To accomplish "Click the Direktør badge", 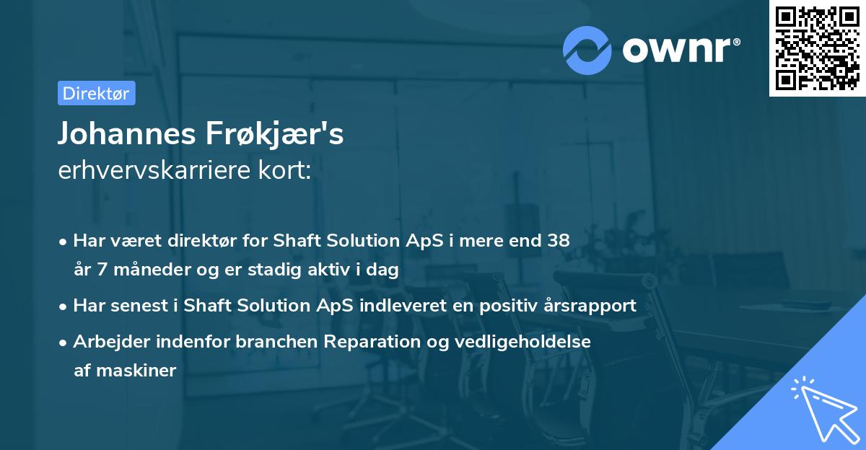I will pyautogui.click(x=96, y=93).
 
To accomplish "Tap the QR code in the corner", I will pyautogui.click(x=817, y=48).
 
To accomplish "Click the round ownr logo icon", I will pyautogui.click(x=588, y=50).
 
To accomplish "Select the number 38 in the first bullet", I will pyautogui.click(x=559, y=240).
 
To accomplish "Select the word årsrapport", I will pyautogui.click(x=592, y=305).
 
